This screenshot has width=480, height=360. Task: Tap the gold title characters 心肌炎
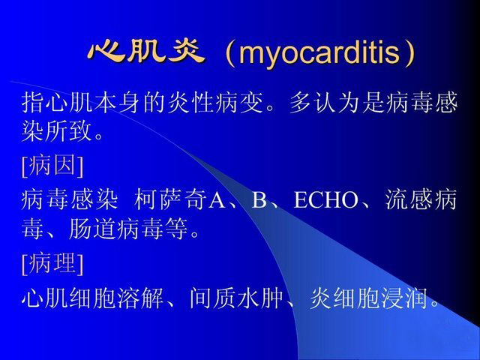pos(146,52)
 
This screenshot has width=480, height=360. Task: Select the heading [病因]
pos(52,165)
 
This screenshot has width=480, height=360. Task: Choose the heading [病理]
pos(52,263)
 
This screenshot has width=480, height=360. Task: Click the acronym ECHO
pos(325,200)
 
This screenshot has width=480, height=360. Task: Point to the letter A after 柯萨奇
pos(217,200)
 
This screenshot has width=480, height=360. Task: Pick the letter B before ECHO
pos(259,200)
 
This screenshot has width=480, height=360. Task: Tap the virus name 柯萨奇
pos(170,199)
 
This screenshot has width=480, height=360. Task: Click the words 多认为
pos(325,102)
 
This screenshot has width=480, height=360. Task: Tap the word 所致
pos(68,131)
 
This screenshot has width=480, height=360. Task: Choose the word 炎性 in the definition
pos(190,102)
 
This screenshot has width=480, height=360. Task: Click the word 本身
pos(117,102)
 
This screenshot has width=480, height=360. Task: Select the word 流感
pos(409,199)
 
